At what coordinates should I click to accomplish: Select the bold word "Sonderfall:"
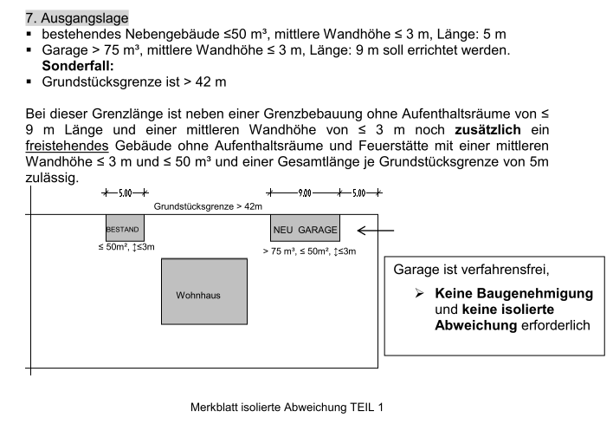pos(78,64)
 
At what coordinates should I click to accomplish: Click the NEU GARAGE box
pos(305,228)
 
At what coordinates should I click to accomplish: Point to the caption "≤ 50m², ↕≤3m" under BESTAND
pos(126,248)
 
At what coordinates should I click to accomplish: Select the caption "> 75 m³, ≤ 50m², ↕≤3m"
pos(309,251)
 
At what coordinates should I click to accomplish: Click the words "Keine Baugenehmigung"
pos(514,294)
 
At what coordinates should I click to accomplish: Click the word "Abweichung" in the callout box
pos(475,324)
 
